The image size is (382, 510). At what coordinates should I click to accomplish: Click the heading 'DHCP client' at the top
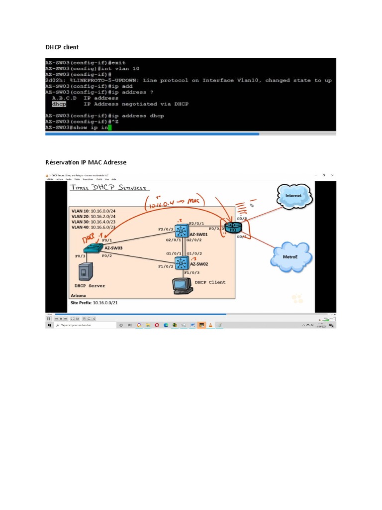62,47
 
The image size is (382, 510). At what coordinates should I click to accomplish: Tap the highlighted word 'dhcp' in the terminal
59,104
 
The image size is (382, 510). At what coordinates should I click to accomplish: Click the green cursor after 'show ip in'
110,127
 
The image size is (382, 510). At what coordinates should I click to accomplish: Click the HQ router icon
232,227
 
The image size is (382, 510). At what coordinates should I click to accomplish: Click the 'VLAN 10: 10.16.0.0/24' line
94,211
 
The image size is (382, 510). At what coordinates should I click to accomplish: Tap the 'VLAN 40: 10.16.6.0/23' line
94,227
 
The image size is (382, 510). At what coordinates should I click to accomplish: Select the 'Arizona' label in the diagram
79,295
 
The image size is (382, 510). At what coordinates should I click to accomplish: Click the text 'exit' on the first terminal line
118,63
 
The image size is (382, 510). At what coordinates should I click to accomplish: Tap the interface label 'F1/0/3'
192,272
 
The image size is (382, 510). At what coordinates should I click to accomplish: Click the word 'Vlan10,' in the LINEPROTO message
249,81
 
